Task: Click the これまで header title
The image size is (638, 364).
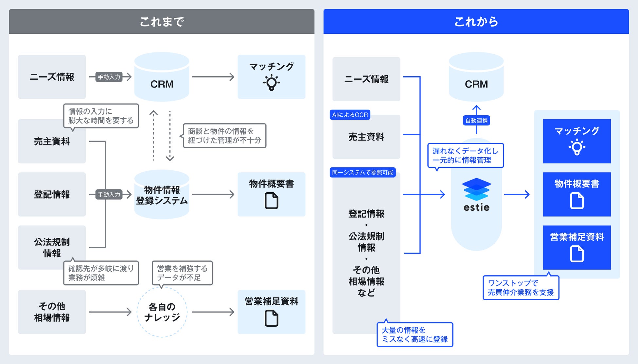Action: pyautogui.click(x=162, y=22)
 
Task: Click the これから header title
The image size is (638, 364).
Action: pyautogui.click(x=476, y=22)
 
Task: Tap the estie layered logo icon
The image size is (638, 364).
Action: pyautogui.click(x=476, y=189)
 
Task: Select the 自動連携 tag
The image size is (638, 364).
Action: pyautogui.click(x=476, y=121)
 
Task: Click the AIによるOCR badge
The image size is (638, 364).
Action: pyautogui.click(x=350, y=115)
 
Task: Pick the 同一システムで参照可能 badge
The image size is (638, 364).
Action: pyautogui.click(x=363, y=172)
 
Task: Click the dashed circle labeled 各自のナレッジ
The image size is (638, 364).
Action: pyautogui.click(x=162, y=312)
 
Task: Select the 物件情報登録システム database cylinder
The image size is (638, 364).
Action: pyautogui.click(x=162, y=195)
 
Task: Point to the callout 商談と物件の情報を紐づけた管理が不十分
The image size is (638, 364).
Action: pyautogui.click(x=224, y=136)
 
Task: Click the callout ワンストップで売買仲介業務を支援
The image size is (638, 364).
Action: pyautogui.click(x=521, y=288)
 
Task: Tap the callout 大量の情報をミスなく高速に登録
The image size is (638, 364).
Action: pyautogui.click(x=415, y=335)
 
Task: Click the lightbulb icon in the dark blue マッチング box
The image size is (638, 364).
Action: pyautogui.click(x=577, y=147)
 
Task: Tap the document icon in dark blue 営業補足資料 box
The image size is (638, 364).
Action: pyautogui.click(x=577, y=254)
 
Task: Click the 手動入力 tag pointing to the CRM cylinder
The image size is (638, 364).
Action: pyautogui.click(x=109, y=77)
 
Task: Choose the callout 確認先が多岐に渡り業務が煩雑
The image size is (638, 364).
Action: pyautogui.click(x=101, y=273)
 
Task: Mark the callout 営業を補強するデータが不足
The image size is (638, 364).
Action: pyautogui.click(x=182, y=273)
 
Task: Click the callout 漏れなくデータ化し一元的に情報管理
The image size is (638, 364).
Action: pyautogui.click(x=465, y=156)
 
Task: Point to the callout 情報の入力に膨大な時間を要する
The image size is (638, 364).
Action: pyautogui.click(x=101, y=116)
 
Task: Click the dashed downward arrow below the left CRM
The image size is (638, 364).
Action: pyautogui.click(x=170, y=136)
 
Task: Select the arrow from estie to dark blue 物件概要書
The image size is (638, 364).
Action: pyautogui.click(x=517, y=194)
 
